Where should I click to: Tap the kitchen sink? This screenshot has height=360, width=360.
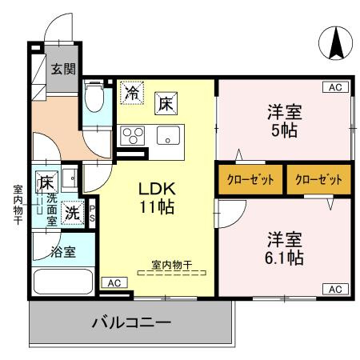169,135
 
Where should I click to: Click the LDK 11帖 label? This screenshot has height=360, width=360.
158,198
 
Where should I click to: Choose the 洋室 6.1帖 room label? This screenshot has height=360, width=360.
284,248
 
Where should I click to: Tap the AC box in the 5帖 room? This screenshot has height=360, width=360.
335,86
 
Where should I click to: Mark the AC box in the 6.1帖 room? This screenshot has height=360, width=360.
335,288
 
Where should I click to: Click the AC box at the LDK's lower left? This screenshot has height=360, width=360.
114,282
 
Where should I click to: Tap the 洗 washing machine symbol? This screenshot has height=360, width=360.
73,214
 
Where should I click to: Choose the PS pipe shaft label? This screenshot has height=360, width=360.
93,214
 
